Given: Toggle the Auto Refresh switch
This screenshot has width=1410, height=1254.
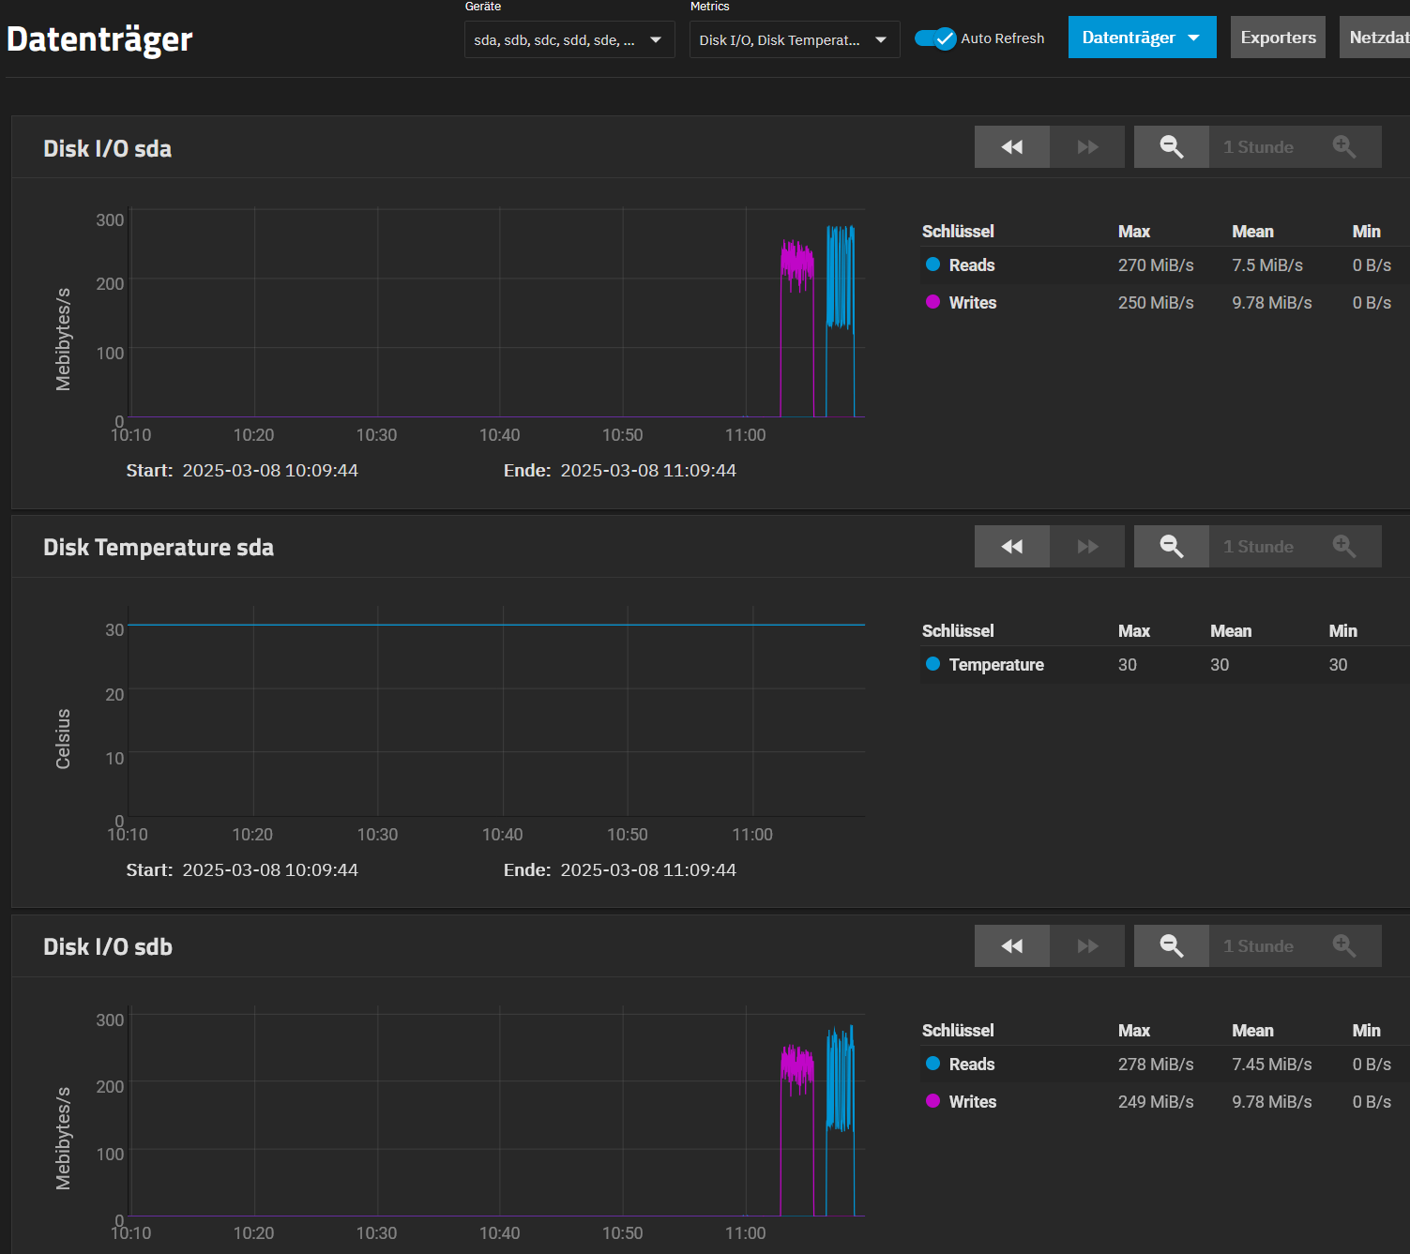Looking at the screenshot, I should (935, 38).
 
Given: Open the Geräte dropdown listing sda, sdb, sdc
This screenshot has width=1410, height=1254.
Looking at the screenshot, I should (569, 40).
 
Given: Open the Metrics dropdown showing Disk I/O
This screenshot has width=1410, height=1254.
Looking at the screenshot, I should (794, 40).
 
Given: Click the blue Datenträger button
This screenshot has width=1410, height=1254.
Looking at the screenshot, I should (1142, 38).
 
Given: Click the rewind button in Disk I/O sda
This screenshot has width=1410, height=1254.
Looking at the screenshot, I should (1011, 147).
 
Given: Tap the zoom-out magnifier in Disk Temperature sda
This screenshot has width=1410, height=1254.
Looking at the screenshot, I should (1171, 547).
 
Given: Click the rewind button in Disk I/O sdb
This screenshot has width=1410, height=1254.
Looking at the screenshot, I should (1011, 946).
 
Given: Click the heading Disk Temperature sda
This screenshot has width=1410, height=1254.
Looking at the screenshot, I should (159, 548).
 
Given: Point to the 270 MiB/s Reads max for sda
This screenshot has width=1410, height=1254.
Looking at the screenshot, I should (1155, 265).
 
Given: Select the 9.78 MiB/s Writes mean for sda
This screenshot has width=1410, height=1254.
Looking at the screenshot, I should (1271, 303).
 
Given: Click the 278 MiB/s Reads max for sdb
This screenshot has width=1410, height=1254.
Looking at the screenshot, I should (1155, 1065).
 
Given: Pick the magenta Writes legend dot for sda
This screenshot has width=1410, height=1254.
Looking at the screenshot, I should (932, 302).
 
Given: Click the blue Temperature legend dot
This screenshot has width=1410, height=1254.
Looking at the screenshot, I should (932, 664).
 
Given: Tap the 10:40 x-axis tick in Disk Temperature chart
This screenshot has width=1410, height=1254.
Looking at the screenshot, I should (503, 835).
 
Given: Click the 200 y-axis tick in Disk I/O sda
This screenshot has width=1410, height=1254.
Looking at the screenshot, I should (110, 283).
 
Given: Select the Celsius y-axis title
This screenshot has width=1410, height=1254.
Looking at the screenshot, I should (63, 739).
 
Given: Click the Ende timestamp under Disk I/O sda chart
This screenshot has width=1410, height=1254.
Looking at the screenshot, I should (647, 471).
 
